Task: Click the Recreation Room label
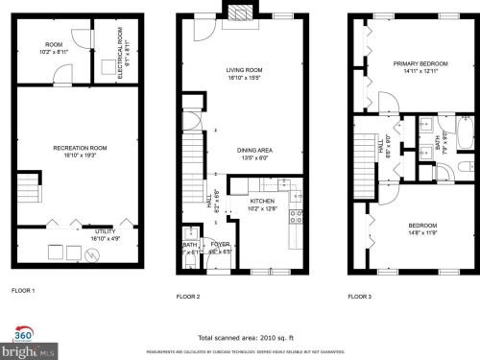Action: (80, 147)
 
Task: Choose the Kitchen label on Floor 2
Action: (263, 201)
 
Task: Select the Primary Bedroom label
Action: (420, 64)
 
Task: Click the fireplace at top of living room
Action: (237, 12)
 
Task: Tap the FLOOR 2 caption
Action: (187, 297)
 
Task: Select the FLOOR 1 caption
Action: (23, 290)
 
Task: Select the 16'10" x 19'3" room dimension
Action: (80, 154)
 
